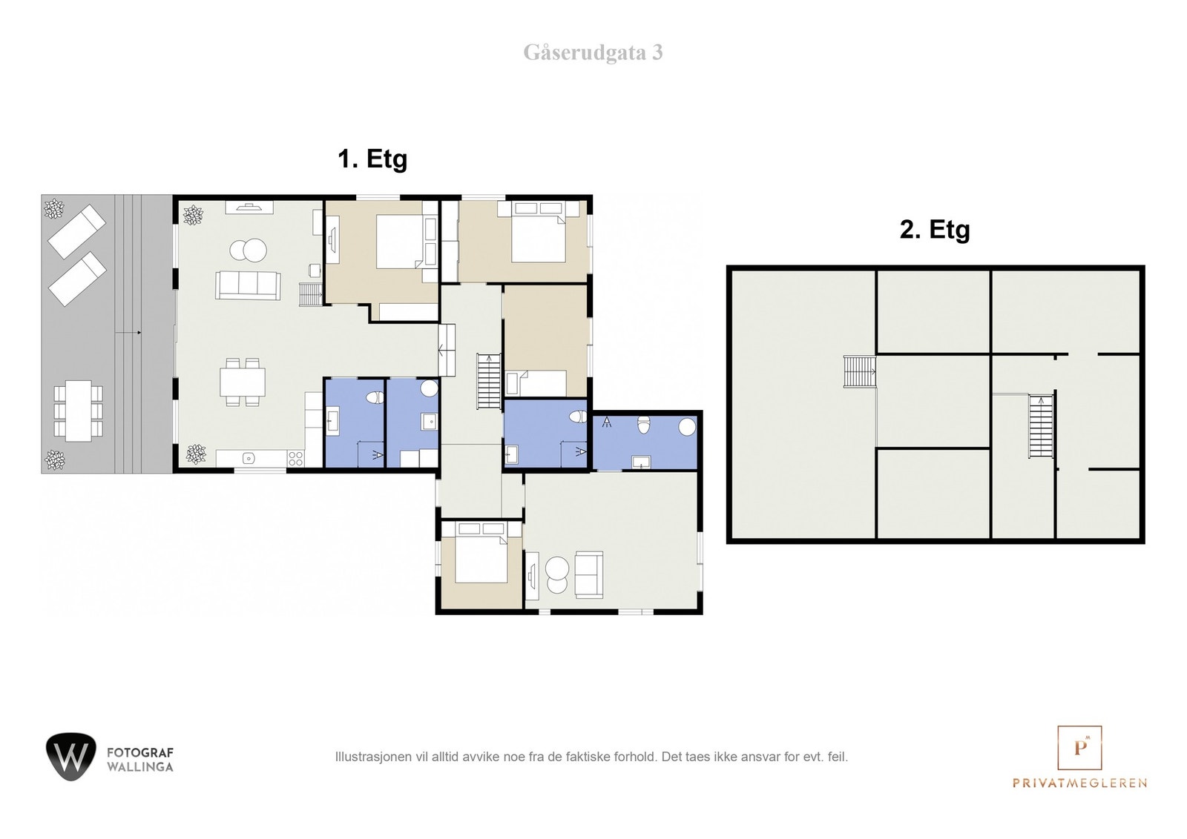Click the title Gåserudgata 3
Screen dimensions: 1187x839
593,53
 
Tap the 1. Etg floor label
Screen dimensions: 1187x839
372,159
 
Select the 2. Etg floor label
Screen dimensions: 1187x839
935,230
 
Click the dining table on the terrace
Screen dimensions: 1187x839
79,411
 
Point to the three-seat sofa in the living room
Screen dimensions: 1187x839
248,285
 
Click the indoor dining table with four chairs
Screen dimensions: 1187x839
243,382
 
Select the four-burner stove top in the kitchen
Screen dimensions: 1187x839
296,458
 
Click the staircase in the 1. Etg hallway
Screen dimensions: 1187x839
489,381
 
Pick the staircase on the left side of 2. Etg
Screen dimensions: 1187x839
860,371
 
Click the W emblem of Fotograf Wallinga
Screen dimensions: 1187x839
71,757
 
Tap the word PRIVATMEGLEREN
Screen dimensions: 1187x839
1079,783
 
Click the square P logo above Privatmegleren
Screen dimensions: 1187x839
1079,747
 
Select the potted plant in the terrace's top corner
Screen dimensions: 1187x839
54,208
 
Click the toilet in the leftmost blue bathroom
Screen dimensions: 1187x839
375,397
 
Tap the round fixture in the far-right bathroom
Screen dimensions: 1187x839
687,427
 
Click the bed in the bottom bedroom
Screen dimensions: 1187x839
481,553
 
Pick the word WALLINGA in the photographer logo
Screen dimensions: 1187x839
140,767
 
